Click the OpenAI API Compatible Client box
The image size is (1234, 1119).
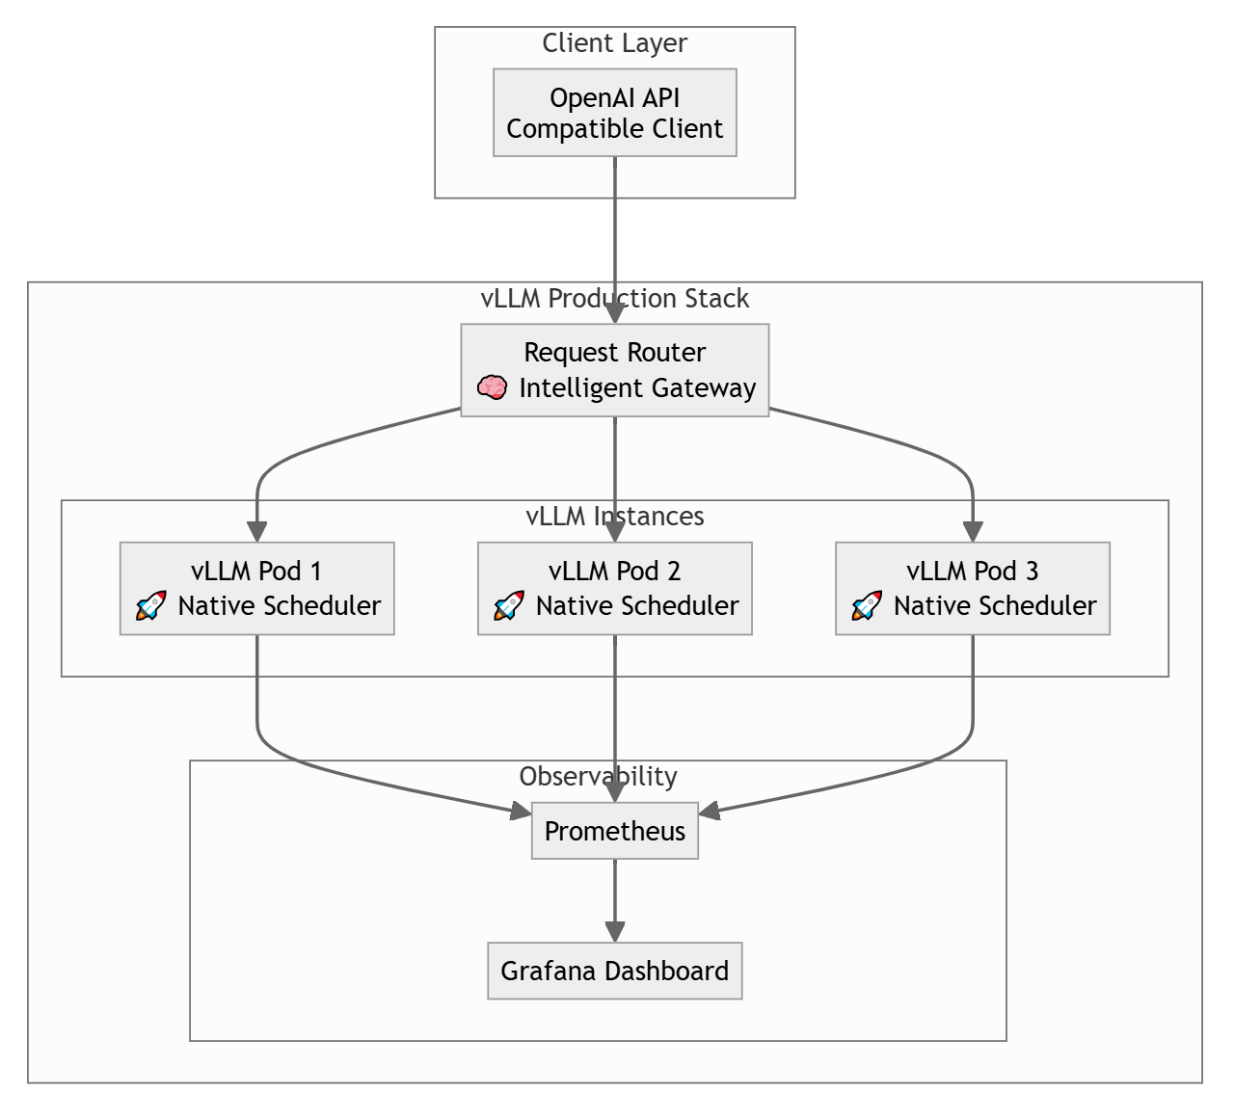click(x=614, y=112)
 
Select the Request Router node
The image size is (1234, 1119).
click(x=614, y=369)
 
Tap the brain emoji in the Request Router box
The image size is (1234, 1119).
click(x=492, y=388)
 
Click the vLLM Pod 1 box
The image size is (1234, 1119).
click(x=256, y=588)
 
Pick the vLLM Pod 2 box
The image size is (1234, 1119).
click(x=614, y=588)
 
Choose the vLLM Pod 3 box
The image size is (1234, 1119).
click(x=972, y=588)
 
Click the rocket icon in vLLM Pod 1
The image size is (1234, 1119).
click(x=150, y=606)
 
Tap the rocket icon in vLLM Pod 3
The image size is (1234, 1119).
click(x=866, y=606)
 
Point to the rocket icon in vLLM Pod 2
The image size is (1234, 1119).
click(x=508, y=606)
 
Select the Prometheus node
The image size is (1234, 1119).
click(x=614, y=831)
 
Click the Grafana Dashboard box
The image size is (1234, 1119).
click(x=614, y=971)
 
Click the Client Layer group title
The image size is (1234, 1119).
click(x=614, y=43)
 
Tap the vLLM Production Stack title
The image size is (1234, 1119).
click(x=614, y=299)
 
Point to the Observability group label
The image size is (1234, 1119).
click(x=598, y=777)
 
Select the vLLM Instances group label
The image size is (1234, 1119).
click(x=614, y=517)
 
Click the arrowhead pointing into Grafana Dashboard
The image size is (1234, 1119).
click(x=614, y=932)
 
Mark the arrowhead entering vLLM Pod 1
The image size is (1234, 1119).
click(x=256, y=531)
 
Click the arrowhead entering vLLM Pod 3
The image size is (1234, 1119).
click(x=972, y=531)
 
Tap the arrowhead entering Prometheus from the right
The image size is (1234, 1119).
click(x=711, y=813)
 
